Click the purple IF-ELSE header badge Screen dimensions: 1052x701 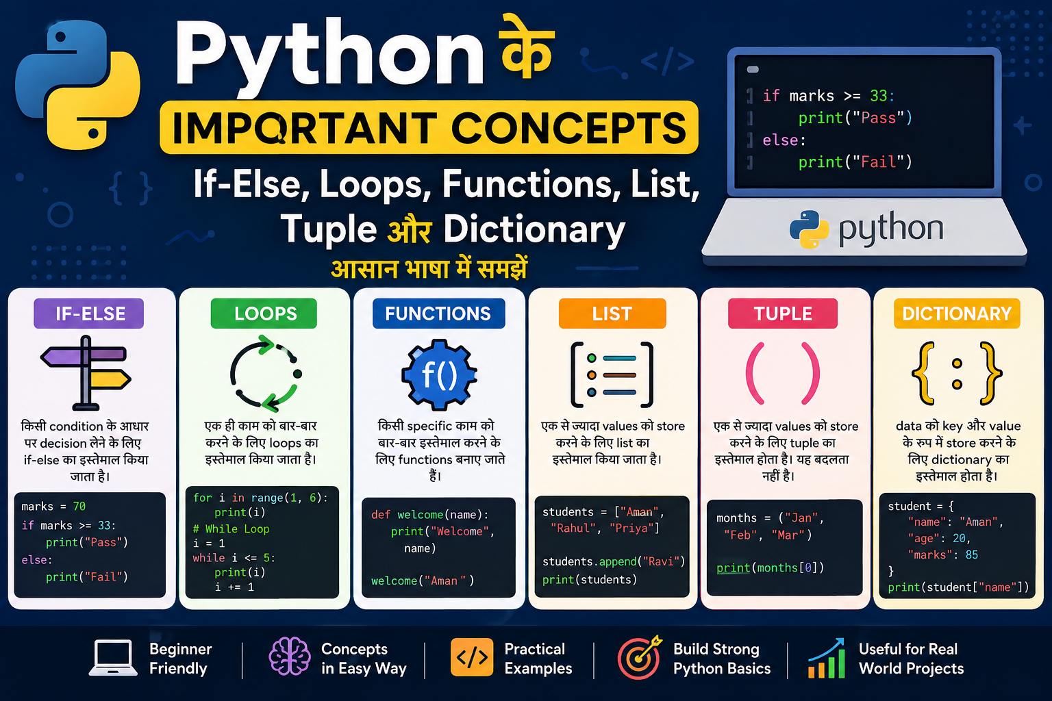89,313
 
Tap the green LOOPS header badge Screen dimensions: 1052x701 264,313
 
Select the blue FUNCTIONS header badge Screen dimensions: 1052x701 438,313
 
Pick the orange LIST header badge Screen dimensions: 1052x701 612,313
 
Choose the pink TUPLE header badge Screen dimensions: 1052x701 783,313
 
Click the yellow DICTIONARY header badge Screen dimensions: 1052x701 957,313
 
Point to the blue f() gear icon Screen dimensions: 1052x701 439,374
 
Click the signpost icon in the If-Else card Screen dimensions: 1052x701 86,373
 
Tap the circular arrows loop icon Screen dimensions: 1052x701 266,374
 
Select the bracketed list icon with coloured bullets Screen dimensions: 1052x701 612,374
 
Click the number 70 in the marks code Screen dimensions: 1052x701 79,506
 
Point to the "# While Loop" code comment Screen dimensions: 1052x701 231,528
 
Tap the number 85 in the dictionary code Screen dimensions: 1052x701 972,555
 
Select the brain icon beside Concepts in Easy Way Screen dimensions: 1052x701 289,656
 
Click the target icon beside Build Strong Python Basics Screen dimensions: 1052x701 640,657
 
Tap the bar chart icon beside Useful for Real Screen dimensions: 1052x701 827,659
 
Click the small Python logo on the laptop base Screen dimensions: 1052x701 809,229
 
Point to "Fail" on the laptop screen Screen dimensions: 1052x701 878,162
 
